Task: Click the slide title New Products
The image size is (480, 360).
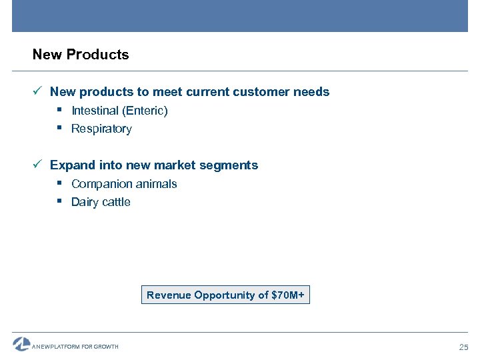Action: (81, 55)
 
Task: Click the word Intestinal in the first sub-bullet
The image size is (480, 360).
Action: (95, 111)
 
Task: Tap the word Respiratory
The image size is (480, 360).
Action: (101, 129)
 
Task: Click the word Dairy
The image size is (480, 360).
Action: (85, 202)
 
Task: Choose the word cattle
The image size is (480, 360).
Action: (116, 202)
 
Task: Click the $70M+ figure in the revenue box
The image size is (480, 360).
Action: (288, 295)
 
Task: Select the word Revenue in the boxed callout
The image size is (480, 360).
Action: (169, 295)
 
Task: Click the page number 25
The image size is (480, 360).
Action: (464, 347)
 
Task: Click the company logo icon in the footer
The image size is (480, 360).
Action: (21, 344)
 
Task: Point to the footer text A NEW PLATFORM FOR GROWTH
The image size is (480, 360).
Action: (75, 347)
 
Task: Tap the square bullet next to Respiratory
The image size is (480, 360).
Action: (60, 127)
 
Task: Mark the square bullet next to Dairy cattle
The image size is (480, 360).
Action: (60, 201)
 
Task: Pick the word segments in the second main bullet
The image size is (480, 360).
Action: (233, 165)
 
